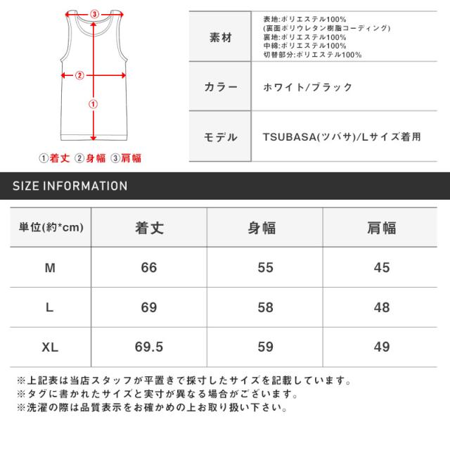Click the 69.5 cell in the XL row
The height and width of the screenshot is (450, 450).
click(x=148, y=346)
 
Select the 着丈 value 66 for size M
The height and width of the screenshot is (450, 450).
click(x=148, y=268)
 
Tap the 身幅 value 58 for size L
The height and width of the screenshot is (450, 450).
click(x=264, y=307)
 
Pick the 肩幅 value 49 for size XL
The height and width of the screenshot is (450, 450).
click(x=380, y=346)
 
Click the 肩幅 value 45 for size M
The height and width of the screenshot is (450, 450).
click(x=380, y=268)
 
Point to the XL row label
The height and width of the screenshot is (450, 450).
click(x=50, y=346)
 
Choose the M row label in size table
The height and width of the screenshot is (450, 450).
click(x=50, y=268)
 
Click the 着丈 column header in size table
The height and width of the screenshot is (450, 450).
click(x=148, y=228)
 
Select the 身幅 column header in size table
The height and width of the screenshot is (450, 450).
click(x=264, y=228)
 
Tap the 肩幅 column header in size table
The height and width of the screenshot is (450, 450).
click(x=380, y=228)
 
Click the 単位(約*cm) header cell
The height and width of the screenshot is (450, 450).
click(x=50, y=228)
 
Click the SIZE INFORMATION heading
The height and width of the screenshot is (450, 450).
click(x=70, y=186)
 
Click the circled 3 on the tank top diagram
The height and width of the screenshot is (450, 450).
click(x=95, y=12)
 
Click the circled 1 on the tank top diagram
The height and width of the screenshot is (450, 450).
click(x=93, y=104)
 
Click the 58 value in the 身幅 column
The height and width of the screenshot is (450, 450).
click(x=264, y=307)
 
